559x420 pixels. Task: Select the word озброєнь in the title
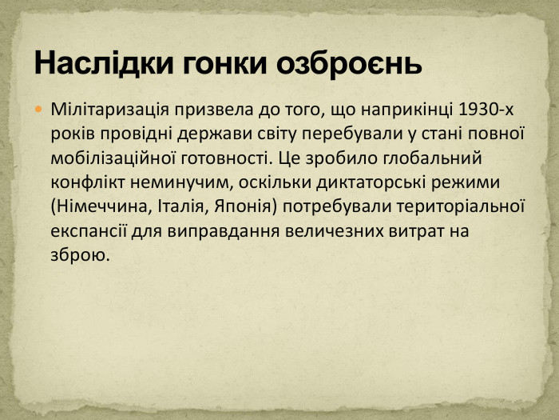click(x=348, y=62)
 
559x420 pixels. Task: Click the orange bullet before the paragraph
click(x=38, y=107)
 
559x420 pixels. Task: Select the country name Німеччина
click(x=98, y=206)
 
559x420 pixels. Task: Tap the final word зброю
click(x=77, y=256)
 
